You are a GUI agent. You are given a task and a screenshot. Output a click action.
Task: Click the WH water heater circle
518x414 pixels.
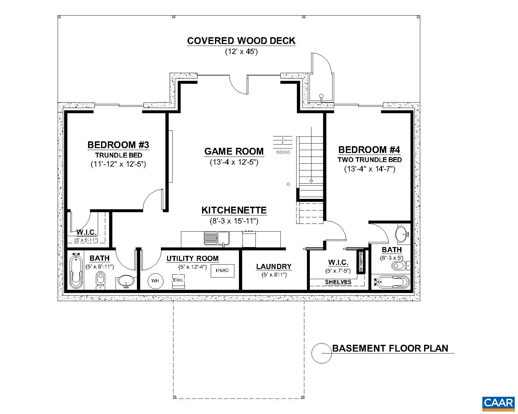click(155, 281)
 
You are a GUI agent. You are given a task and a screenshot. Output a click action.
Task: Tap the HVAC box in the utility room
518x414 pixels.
click(222, 270)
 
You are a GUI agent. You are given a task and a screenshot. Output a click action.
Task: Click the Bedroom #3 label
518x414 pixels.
click(118, 145)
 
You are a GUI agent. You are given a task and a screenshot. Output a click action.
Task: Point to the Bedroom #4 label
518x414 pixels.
click(369, 150)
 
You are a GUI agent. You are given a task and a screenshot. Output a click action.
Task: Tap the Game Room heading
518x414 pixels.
click(234, 151)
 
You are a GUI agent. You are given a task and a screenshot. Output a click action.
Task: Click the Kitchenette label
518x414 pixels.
click(234, 210)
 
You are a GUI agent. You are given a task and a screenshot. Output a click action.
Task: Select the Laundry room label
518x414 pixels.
click(274, 267)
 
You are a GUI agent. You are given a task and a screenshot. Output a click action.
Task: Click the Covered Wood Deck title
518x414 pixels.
click(241, 41)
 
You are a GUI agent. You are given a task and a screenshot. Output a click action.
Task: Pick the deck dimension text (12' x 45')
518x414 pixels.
click(241, 52)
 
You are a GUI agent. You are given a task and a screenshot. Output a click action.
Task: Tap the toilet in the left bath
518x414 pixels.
click(100, 280)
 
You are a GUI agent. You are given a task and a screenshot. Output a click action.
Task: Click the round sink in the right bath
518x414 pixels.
click(402, 234)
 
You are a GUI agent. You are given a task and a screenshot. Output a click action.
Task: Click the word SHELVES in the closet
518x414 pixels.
click(338, 282)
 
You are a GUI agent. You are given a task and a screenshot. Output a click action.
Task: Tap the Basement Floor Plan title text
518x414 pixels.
click(390, 348)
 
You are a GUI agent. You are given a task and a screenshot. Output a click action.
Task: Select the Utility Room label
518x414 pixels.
click(192, 259)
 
